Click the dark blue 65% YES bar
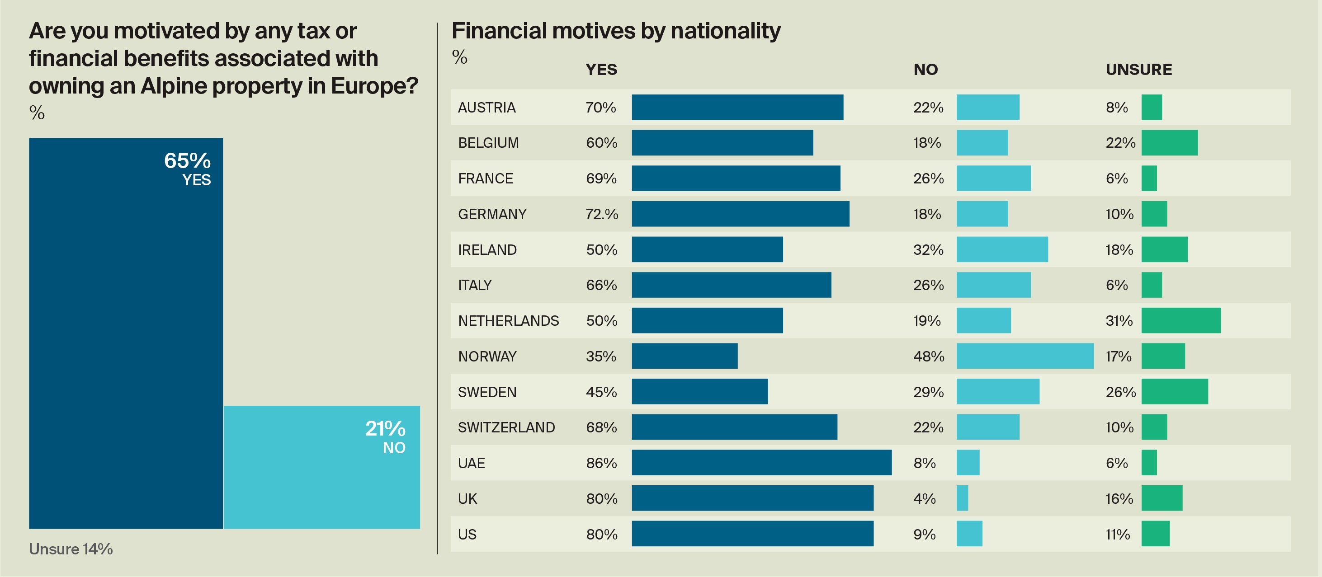coord(126,333)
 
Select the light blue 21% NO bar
coord(322,467)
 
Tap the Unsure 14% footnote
coord(71,549)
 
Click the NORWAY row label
coord(487,357)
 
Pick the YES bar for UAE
coord(761,463)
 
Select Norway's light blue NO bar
coord(1025,356)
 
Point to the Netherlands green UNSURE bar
coord(1181,320)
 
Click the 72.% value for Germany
coord(601,214)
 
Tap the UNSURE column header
coord(1138,69)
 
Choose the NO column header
coord(925,69)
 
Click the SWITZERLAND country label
coord(506,427)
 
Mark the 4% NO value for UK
coord(924,498)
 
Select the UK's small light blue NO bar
coord(962,498)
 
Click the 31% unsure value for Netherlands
coord(1119,320)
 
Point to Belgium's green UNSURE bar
coord(1169,143)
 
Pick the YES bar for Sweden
coord(699,391)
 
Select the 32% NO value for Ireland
coord(928,250)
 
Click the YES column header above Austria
coord(601,69)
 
